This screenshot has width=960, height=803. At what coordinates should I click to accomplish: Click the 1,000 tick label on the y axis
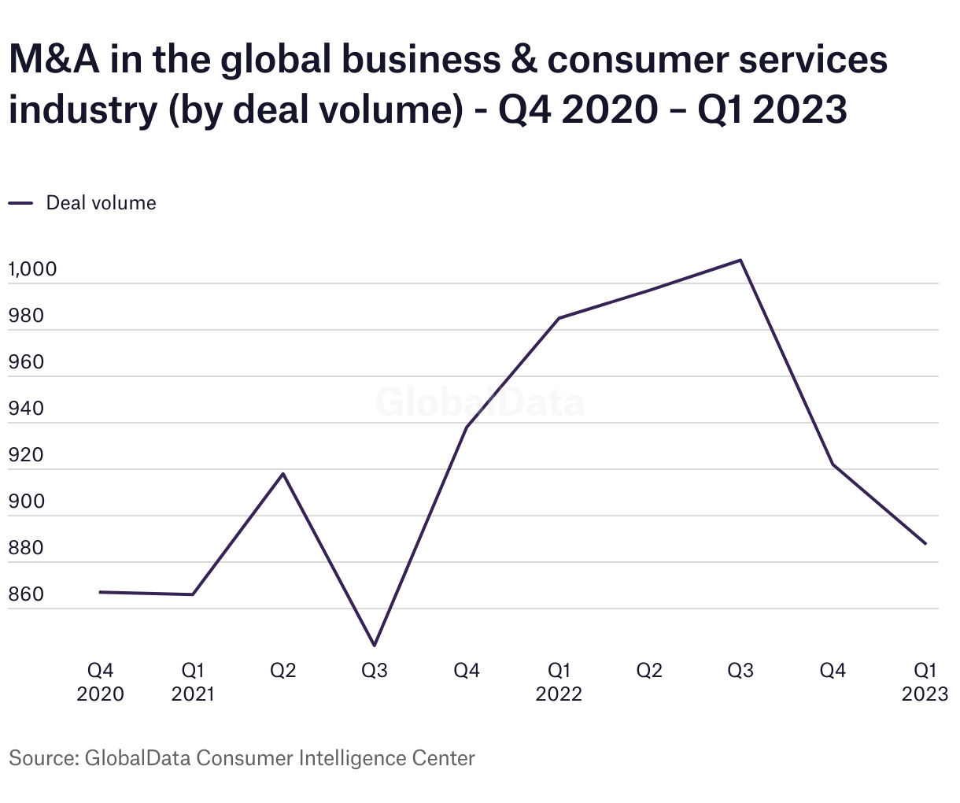(x=32, y=269)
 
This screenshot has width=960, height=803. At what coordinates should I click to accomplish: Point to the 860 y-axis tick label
(x=27, y=594)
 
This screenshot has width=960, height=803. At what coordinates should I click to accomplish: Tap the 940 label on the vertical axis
(x=27, y=409)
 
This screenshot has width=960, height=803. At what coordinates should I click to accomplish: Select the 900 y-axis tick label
(x=27, y=501)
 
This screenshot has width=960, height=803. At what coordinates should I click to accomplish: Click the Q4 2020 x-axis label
(x=100, y=682)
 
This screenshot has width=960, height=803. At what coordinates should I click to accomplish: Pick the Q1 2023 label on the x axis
(x=925, y=682)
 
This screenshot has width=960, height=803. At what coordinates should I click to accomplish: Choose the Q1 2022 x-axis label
(x=559, y=682)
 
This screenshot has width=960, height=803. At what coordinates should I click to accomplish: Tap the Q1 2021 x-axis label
(x=193, y=682)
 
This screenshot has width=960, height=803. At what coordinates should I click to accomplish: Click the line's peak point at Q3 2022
(x=740, y=260)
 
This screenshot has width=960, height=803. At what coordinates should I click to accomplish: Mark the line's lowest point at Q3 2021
(x=375, y=646)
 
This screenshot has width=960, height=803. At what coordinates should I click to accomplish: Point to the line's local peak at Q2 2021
(x=283, y=473)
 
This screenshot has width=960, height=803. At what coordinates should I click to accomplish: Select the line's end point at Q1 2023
(x=925, y=544)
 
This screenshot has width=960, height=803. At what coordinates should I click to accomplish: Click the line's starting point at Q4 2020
(x=100, y=592)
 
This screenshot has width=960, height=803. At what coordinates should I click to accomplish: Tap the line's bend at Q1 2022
(x=559, y=318)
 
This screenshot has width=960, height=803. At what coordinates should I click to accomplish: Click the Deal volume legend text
(x=101, y=203)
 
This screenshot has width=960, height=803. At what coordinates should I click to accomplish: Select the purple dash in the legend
(x=20, y=203)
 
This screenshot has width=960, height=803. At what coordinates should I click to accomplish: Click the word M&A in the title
(x=54, y=61)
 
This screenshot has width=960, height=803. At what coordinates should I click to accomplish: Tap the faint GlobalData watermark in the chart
(x=480, y=401)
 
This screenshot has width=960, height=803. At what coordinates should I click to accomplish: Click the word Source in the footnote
(x=41, y=758)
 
